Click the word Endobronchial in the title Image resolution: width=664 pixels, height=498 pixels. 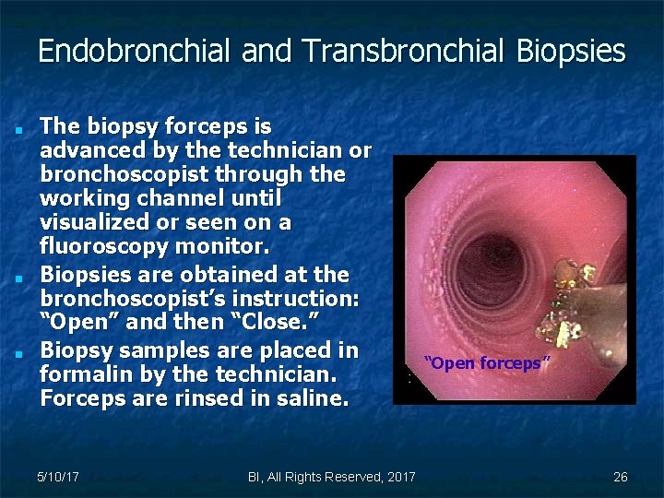point(135,51)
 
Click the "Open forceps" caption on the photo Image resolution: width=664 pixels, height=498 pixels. point(487,363)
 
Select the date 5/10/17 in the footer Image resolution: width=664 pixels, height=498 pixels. point(57,477)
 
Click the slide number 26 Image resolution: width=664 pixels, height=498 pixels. point(620,477)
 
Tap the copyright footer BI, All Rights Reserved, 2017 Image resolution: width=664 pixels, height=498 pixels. point(331,477)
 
